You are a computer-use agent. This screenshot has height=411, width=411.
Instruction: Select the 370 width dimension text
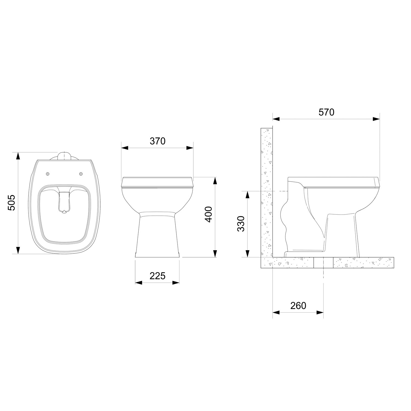coord(158,141)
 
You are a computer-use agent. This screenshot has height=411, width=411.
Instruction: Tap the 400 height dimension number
coord(209,214)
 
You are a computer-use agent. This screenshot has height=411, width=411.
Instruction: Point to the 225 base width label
coord(158,276)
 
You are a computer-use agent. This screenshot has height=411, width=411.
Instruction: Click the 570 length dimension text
coord(326,112)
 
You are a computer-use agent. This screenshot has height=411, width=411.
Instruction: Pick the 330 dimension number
coord(241,224)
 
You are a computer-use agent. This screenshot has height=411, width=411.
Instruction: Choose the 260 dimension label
coord(298,306)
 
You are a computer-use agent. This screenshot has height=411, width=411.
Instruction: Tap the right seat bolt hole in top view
coord(81,174)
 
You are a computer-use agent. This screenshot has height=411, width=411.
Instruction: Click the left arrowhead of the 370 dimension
coord(125,148)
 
